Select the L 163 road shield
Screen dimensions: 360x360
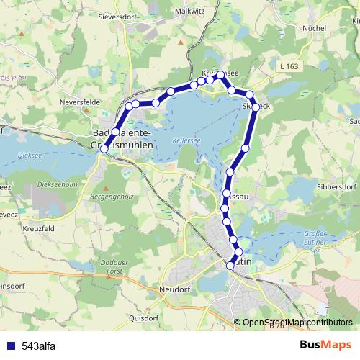(288, 67)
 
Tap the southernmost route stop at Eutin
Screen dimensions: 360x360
(230, 266)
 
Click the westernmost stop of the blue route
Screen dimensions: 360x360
(104, 148)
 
